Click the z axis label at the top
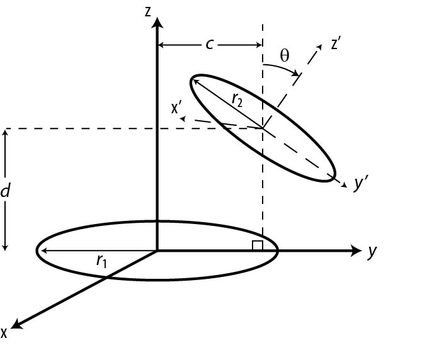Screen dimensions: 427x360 (x=147, y=11)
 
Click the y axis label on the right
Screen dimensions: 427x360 (x=372, y=252)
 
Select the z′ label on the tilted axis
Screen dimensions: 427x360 (x=336, y=45)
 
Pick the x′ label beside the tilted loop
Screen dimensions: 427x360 (x=177, y=108)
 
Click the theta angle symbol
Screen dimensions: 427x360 (x=284, y=55)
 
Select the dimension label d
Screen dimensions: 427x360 (x=6, y=191)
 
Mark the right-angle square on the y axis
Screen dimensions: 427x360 (x=257, y=245)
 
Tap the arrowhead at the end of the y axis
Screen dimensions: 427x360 (x=355, y=250)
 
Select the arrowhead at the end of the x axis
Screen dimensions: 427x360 (x=17, y=323)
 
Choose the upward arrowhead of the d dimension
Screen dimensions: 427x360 (x=6, y=133)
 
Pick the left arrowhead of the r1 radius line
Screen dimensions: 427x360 (x=42, y=251)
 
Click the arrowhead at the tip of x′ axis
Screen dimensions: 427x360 (x=183, y=117)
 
